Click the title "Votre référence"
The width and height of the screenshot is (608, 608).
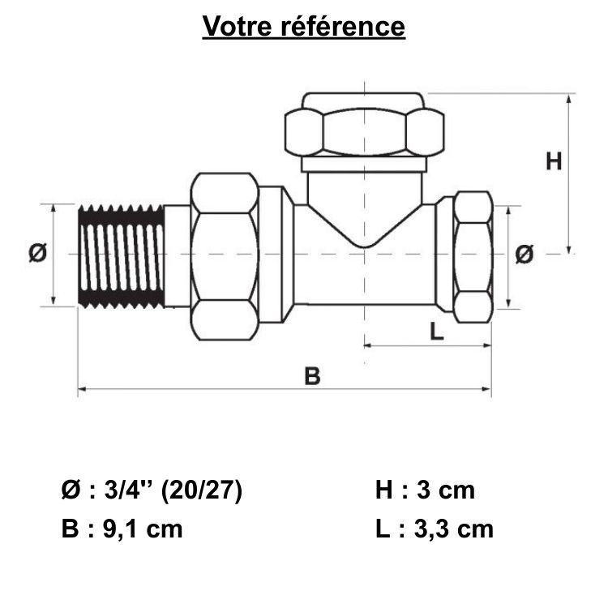pyautogui.click(x=303, y=26)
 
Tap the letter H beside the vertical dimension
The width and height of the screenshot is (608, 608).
pyautogui.click(x=553, y=161)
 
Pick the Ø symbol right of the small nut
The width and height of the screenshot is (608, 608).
pyautogui.click(x=525, y=255)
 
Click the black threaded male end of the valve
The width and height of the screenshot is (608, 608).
pyautogui.click(x=122, y=256)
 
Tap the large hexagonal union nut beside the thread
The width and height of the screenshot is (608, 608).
pyautogui.click(x=225, y=255)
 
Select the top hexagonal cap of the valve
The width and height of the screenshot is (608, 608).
pyautogui.click(x=364, y=127)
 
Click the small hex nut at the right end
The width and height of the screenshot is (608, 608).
pyautogui.click(x=472, y=256)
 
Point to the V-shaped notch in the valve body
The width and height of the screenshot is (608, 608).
pyautogui.click(x=364, y=227)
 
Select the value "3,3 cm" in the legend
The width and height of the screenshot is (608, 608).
pyautogui.click(x=453, y=529)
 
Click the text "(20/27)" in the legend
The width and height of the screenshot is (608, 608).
pyautogui.click(x=202, y=490)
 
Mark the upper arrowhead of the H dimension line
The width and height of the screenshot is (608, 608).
pyautogui.click(x=571, y=98)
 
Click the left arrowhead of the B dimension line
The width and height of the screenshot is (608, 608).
pyautogui.click(x=81, y=390)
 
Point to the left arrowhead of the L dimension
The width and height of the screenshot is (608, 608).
pyautogui.click(x=367, y=345)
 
